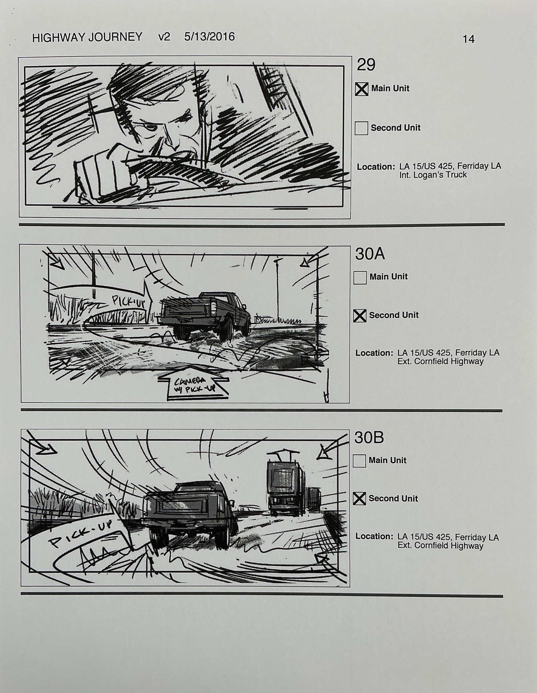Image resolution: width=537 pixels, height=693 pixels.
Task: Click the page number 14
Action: pyautogui.click(x=468, y=39)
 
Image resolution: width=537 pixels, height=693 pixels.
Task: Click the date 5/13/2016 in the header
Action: pyautogui.click(x=209, y=37)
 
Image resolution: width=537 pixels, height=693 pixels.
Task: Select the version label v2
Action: pyautogui.click(x=164, y=37)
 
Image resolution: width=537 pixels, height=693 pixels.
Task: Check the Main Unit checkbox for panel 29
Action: pyautogui.click(x=361, y=89)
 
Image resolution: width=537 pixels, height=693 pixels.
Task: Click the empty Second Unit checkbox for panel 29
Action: pyautogui.click(x=361, y=128)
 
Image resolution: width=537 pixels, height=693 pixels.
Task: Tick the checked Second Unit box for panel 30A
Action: pyautogui.click(x=360, y=316)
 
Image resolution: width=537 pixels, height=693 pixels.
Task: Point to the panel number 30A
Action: pyautogui.click(x=369, y=254)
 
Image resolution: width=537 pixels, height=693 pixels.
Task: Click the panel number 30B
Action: pyautogui.click(x=369, y=438)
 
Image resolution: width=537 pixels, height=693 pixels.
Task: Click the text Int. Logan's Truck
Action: pyautogui.click(x=433, y=175)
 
